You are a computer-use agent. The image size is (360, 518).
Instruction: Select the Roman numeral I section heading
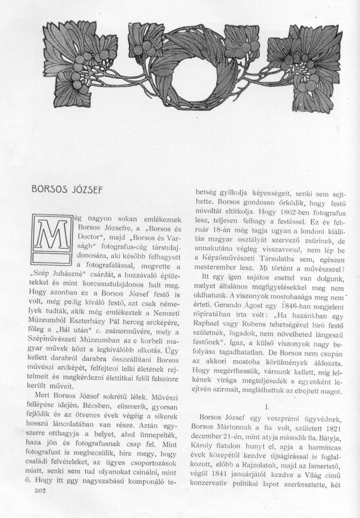coord(267,408)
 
